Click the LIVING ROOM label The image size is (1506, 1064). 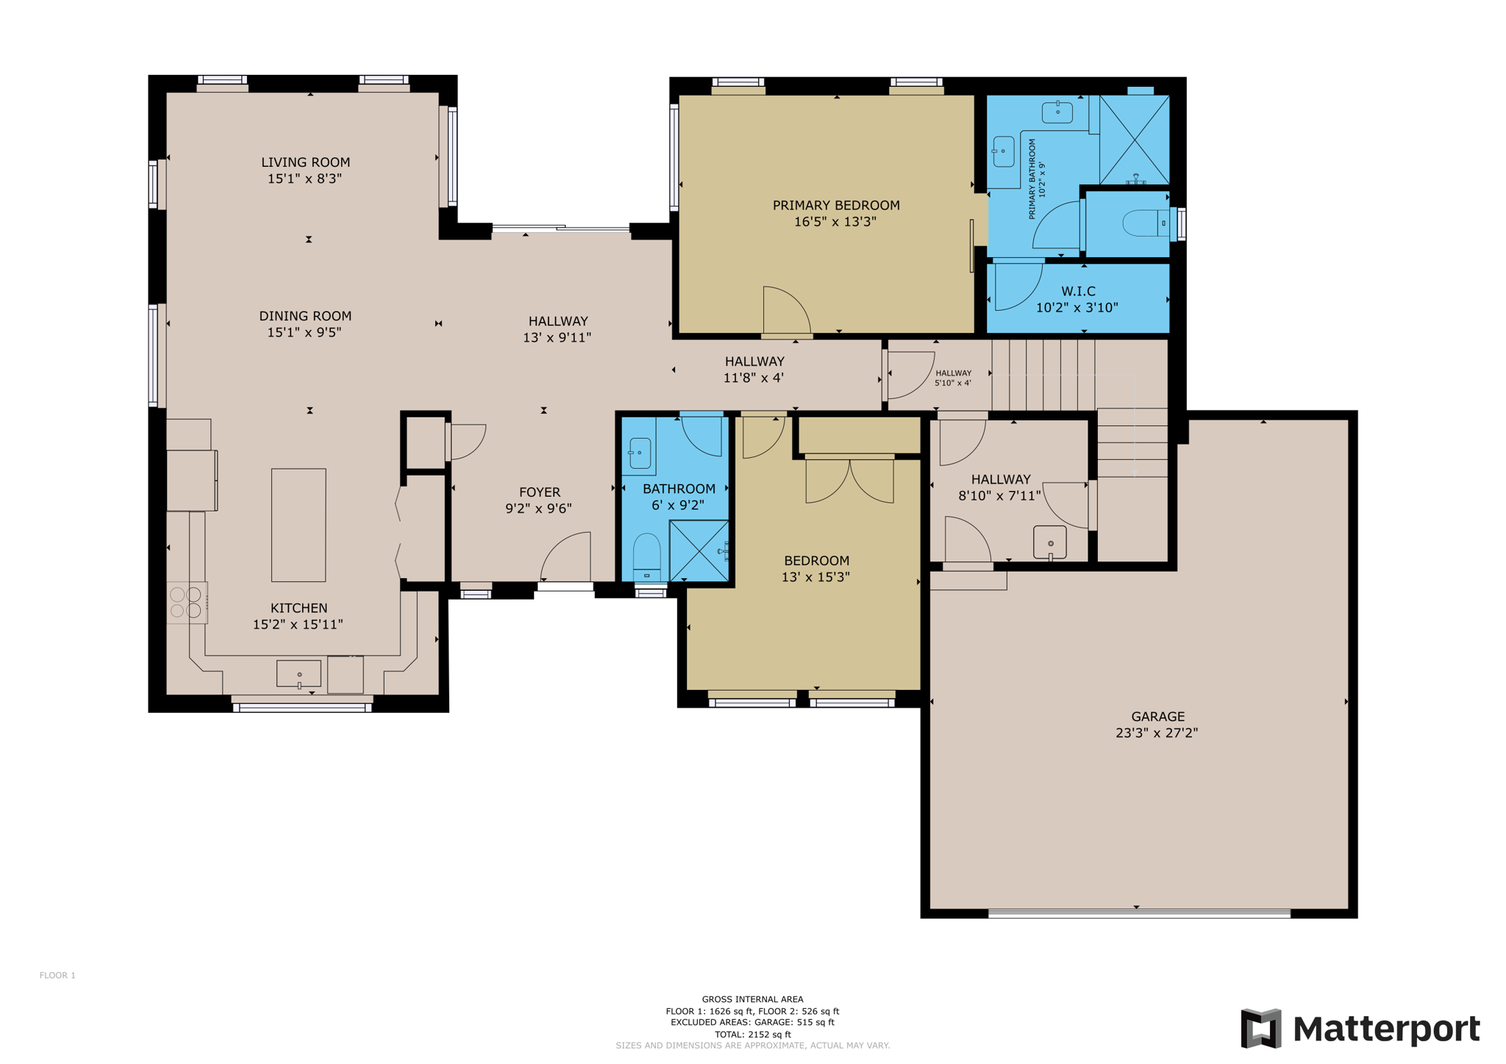[305, 162]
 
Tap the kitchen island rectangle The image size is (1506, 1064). [299, 525]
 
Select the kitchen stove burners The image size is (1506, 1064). [186, 603]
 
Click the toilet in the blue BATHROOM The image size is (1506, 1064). [647, 556]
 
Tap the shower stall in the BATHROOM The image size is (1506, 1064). [699, 551]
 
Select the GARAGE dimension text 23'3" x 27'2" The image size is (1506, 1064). [1157, 733]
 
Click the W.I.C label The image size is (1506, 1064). [1078, 292]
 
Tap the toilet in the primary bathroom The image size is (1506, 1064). [1146, 223]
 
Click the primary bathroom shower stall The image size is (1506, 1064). [1134, 140]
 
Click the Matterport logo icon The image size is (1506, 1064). [1261, 1029]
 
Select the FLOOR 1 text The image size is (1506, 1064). [57, 975]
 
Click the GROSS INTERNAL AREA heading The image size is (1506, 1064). [752, 999]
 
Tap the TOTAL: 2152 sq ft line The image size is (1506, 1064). [752, 1034]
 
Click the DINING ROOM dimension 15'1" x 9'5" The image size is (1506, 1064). [304, 332]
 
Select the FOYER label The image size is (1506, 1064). [540, 492]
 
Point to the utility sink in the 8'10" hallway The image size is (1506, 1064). [1050, 542]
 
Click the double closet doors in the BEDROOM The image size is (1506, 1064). [849, 481]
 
